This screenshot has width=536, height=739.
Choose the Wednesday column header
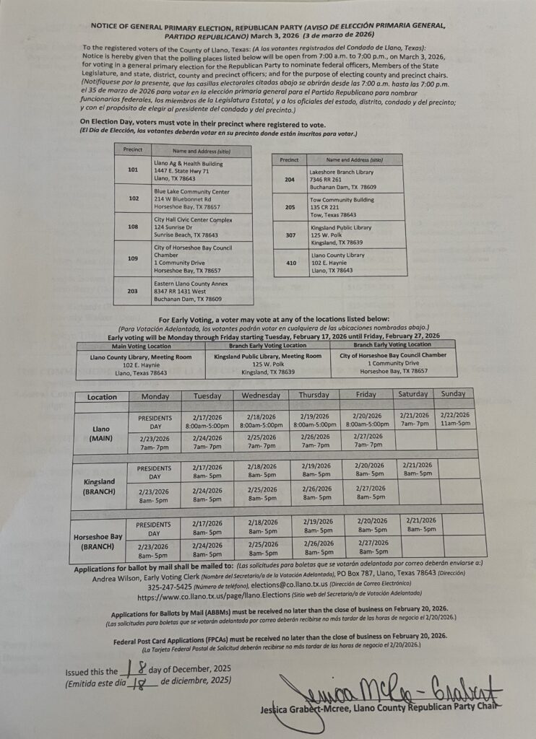[x=261, y=395]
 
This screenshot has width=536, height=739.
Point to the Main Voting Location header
[x=141, y=346]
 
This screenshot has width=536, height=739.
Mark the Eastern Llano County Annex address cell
[x=202, y=291]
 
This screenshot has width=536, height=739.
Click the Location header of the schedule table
[x=101, y=397]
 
